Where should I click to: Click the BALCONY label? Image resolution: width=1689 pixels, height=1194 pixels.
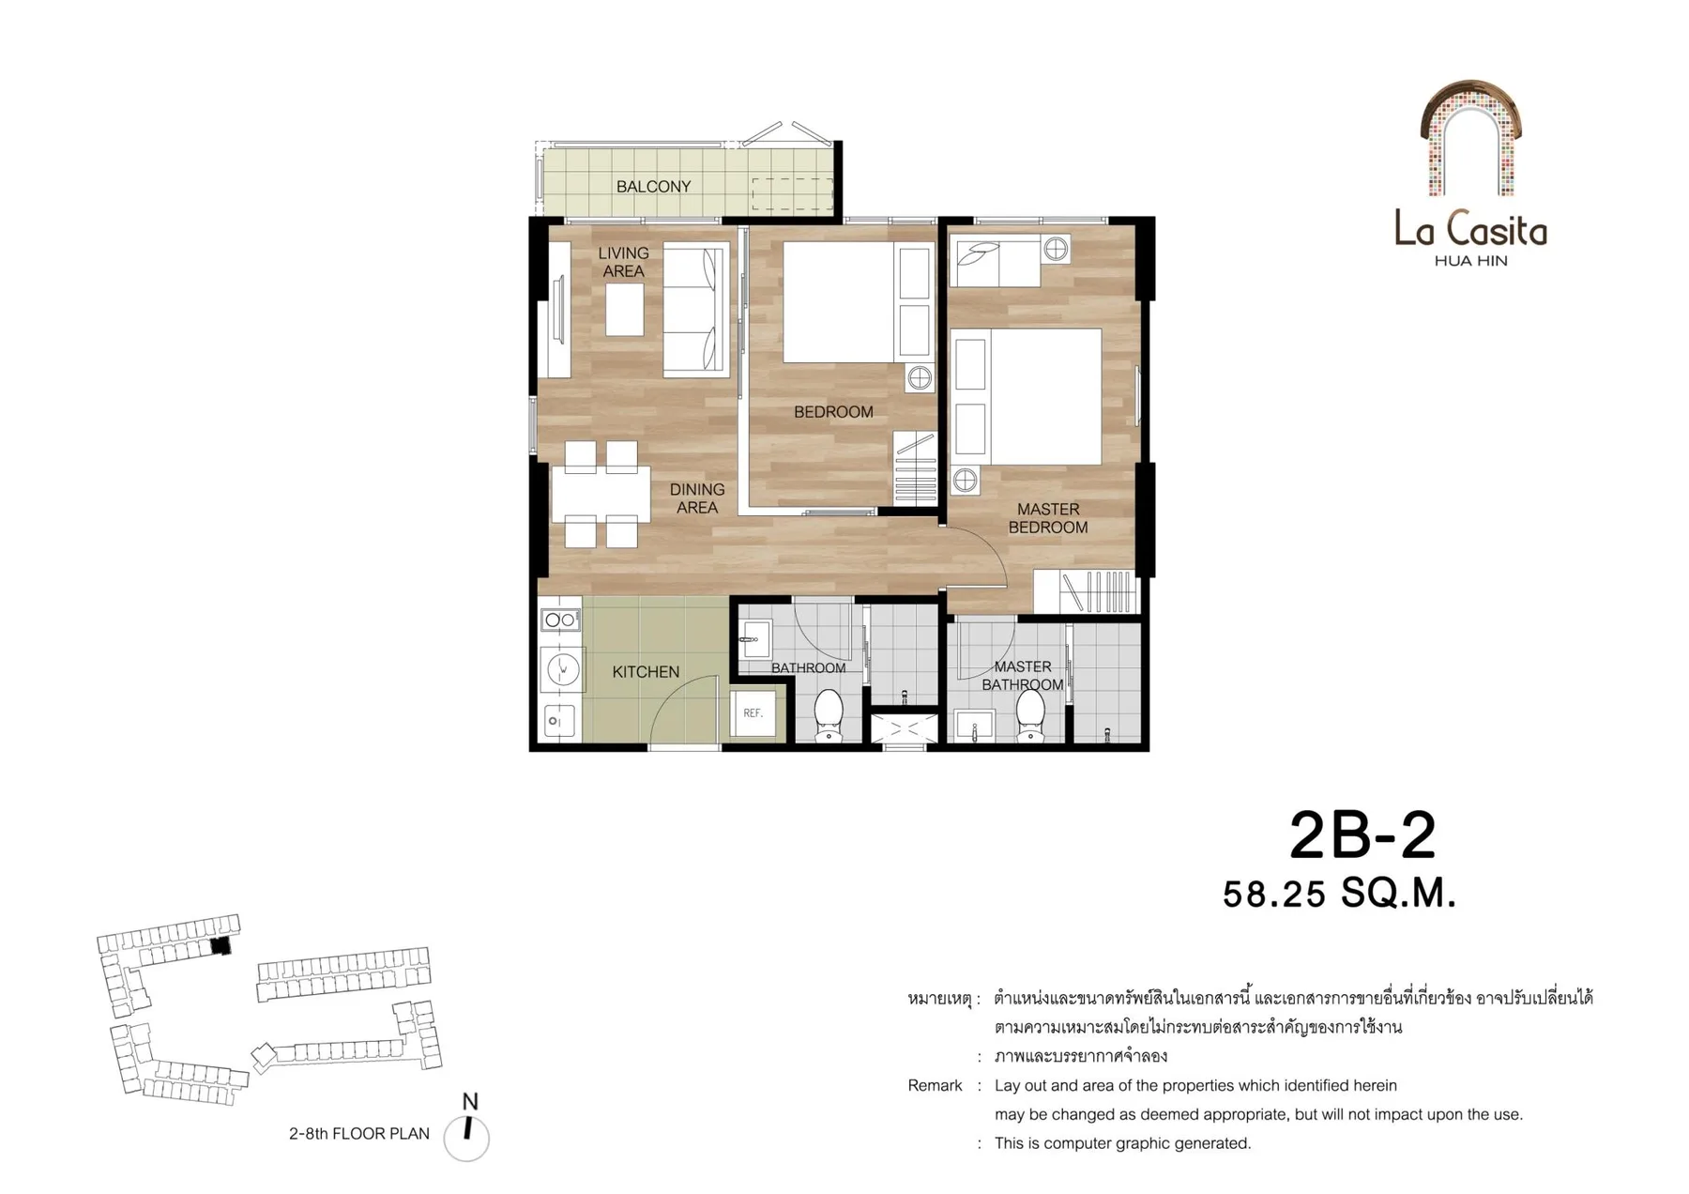(653, 187)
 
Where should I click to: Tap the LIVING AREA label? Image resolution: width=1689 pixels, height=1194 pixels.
(623, 262)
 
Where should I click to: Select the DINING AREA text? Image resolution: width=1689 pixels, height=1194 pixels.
(697, 498)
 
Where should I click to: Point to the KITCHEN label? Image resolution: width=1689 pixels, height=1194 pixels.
(646, 672)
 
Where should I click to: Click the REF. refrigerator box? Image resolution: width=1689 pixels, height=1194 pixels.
(753, 713)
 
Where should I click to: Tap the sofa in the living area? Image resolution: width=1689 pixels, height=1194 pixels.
(696, 311)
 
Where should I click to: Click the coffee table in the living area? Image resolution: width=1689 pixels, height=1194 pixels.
(624, 310)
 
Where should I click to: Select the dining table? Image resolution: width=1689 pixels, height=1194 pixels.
(601, 495)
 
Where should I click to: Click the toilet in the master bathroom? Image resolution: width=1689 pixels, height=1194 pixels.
(1030, 715)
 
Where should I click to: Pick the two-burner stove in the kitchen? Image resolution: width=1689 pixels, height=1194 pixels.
(560, 620)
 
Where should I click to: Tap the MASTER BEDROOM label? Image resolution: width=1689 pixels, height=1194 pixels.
(1048, 518)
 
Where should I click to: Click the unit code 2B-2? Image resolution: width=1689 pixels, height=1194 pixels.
(1362, 835)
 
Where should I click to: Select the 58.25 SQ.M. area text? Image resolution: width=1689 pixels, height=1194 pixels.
(1339, 894)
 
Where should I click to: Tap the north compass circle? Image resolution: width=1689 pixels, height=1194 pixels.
(466, 1139)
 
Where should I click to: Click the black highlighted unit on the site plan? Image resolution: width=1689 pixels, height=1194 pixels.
(221, 946)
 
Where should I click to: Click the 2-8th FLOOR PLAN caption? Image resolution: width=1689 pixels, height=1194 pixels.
(359, 1134)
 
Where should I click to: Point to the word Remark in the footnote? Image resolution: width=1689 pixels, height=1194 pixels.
(935, 1086)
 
